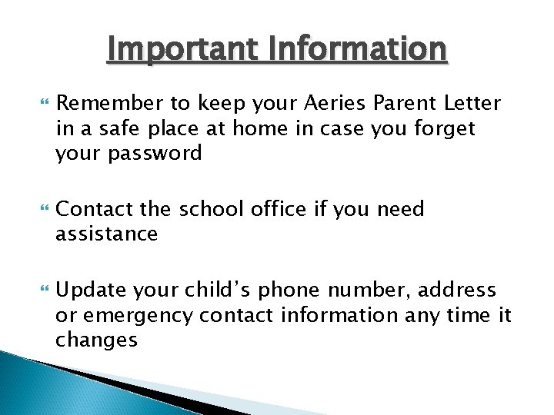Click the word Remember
click(x=104, y=103)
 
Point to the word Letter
click(x=472, y=103)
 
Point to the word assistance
click(x=106, y=234)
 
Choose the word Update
click(x=90, y=290)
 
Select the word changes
click(x=96, y=340)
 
